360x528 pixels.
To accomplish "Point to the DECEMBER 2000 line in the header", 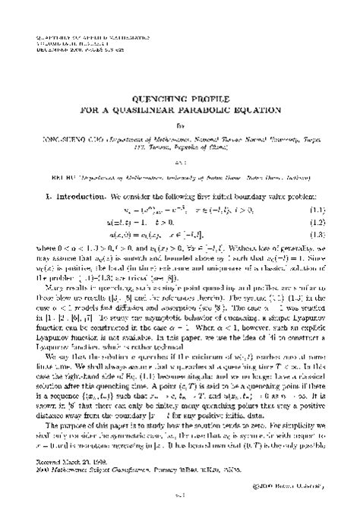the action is tap(74, 47).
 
